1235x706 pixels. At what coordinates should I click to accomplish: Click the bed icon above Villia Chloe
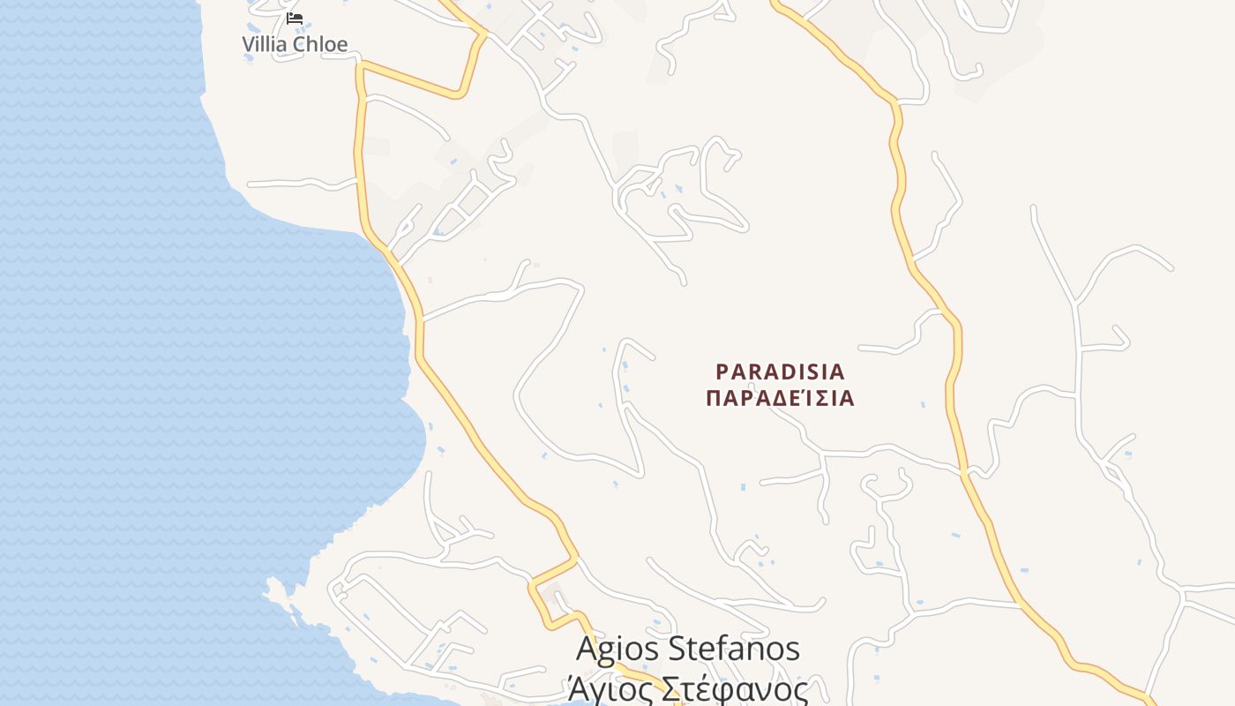coord(295,18)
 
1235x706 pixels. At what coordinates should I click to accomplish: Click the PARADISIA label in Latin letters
coord(780,372)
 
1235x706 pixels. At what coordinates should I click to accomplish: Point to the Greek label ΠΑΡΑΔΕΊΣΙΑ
coord(780,398)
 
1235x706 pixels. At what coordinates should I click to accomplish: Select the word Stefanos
coord(735,649)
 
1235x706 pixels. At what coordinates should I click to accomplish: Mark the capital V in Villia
coord(250,44)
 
